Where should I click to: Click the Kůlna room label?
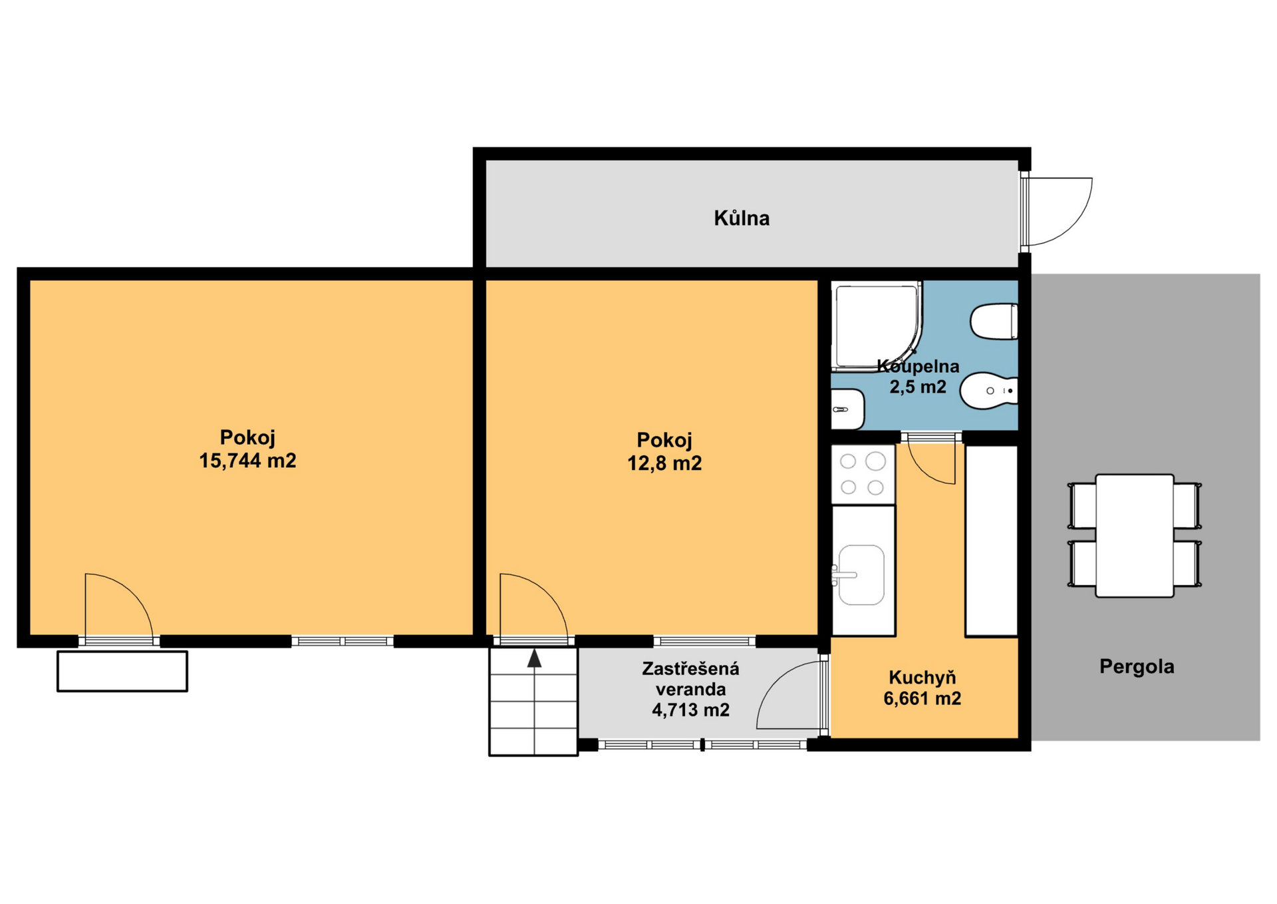tap(742, 218)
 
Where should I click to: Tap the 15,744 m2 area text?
tap(247, 461)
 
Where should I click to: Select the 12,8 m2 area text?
tap(664, 463)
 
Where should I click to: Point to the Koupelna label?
tap(919, 366)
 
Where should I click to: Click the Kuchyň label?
tap(922, 678)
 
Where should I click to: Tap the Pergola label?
tap(1137, 666)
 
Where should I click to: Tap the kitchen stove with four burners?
tap(863, 474)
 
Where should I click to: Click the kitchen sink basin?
tap(861, 575)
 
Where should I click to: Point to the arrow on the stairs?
tap(534, 658)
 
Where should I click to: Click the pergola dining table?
tap(1135, 535)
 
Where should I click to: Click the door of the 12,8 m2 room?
tap(533, 607)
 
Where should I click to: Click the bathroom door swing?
tap(932, 463)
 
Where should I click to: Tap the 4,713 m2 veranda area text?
tap(690, 710)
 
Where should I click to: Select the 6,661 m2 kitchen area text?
tap(922, 698)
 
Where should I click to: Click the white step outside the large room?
tap(122, 671)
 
